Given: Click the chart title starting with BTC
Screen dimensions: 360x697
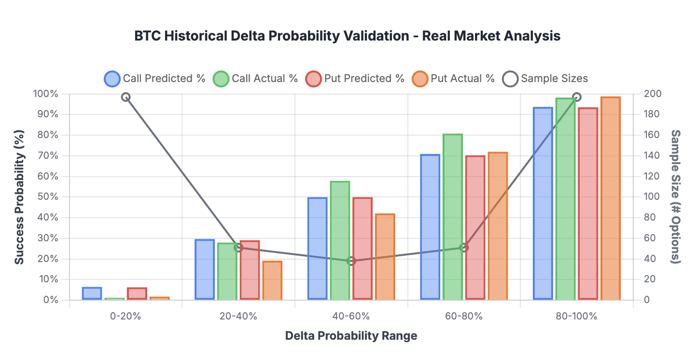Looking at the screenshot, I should click(348, 36).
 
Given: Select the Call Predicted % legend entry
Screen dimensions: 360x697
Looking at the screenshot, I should click(155, 79).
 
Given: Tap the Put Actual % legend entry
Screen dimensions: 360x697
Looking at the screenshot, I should click(453, 79).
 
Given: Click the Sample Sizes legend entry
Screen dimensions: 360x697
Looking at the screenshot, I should click(545, 79).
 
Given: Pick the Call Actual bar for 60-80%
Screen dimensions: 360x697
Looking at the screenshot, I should click(453, 217).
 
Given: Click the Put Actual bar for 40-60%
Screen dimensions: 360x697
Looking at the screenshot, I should click(385, 257).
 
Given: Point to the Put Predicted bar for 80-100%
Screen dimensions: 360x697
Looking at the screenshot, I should click(588, 203).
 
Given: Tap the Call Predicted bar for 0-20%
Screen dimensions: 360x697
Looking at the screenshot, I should click(92, 293).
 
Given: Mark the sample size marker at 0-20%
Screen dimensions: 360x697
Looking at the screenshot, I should click(125, 97).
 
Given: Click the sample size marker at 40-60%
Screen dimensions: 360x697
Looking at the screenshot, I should click(351, 261).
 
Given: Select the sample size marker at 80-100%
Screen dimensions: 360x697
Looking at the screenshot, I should click(576, 97).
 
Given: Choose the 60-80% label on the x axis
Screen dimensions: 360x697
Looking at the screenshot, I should click(464, 317).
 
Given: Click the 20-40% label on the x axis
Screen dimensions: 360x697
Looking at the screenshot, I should click(238, 317).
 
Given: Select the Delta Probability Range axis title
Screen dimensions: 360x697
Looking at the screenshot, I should click(351, 336).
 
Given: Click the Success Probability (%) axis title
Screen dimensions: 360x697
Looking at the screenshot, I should click(19, 197).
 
